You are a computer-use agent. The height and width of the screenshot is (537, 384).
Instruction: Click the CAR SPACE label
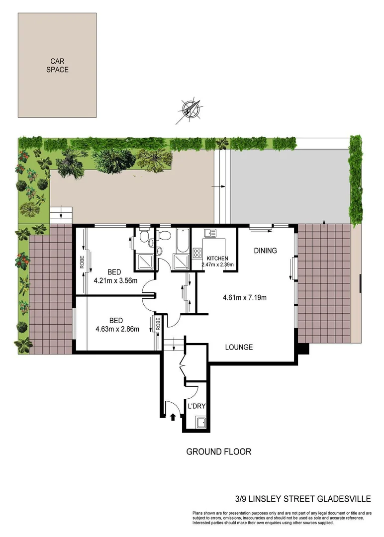pos(57,66)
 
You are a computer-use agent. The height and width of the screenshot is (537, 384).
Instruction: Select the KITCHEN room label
pos(217,259)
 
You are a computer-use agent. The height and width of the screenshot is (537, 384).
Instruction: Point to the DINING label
pos(265,251)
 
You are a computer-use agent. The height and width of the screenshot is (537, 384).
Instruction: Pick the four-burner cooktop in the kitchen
pos(196,253)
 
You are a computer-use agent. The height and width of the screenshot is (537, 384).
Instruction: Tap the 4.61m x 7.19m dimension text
pos(245,298)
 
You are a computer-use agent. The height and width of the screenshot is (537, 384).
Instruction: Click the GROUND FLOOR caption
pos(218,451)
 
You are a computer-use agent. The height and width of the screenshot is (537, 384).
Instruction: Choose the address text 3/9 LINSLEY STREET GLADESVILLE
pos(303,498)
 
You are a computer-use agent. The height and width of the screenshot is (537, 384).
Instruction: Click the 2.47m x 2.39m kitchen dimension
pos(217,265)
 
